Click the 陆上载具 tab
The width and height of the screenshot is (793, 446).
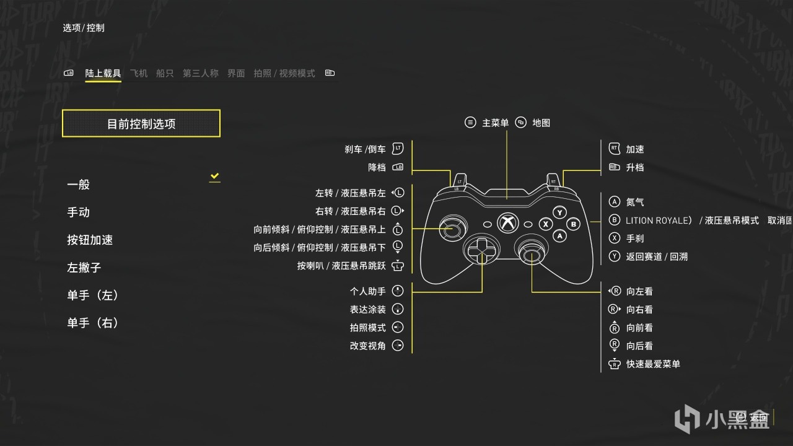pos(103,73)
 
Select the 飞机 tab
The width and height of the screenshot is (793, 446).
pos(139,73)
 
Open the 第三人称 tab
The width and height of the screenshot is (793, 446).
pos(200,73)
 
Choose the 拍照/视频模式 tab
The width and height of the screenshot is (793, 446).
pos(284,73)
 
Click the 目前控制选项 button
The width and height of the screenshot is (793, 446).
pos(141,123)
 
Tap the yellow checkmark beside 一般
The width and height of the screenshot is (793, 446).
pos(214,177)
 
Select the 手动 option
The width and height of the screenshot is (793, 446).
pos(79,212)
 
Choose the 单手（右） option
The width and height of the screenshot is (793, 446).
pos(93,323)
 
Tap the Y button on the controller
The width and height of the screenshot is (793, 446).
pos(560,212)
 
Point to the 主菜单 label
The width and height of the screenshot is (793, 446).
pos(495,123)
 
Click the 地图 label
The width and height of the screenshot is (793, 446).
pos(541,123)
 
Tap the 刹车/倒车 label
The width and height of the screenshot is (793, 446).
pos(366,149)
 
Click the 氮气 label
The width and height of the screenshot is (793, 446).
pos(635,202)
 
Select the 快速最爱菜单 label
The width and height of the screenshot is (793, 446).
pos(653,364)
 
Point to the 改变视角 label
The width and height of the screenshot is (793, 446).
pos(368,346)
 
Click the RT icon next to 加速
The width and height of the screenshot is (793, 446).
pos(614,149)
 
